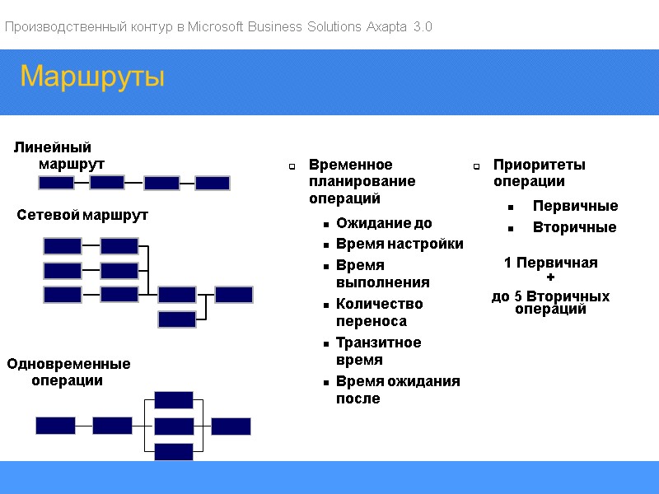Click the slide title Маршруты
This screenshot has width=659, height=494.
click(x=92, y=77)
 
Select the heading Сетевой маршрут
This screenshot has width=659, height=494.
click(x=82, y=216)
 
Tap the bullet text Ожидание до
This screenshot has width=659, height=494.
click(x=384, y=223)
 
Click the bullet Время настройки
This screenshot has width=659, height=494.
click(x=400, y=244)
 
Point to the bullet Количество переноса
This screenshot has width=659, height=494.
click(x=379, y=313)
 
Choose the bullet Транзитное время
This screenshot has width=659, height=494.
click(x=378, y=352)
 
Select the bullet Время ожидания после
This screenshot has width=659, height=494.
click(x=398, y=390)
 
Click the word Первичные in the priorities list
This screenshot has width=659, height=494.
click(x=575, y=206)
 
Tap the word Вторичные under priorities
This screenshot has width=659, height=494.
click(x=574, y=227)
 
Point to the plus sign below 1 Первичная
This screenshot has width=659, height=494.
click(x=551, y=278)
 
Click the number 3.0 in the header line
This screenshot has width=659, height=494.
click(x=423, y=27)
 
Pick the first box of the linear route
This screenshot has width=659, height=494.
click(x=56, y=184)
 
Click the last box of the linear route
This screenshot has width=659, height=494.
click(x=213, y=184)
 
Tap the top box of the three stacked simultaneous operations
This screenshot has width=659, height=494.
click(x=174, y=400)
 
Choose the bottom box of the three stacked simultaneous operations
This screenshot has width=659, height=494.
click(x=174, y=451)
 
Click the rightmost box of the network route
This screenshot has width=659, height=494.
click(x=234, y=295)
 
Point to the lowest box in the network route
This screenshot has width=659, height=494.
click(x=177, y=319)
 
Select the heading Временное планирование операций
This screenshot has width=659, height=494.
click(x=362, y=182)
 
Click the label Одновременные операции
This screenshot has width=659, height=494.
click(x=68, y=372)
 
